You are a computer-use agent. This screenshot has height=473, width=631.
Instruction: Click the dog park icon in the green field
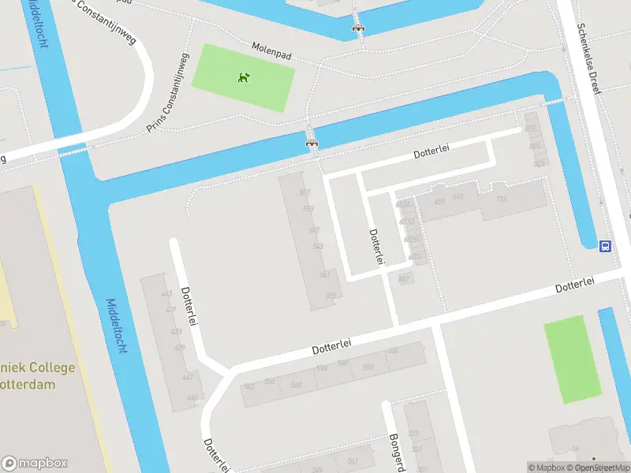(x=244, y=77)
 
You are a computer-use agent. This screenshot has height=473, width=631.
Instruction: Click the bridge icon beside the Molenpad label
(x=359, y=28)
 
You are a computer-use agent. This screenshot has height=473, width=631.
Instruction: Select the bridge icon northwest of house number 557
(x=312, y=143)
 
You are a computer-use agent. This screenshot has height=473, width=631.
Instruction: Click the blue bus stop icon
(x=605, y=246)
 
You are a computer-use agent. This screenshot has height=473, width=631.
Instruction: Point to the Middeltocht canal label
(x=115, y=326)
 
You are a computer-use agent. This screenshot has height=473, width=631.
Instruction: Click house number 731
(x=500, y=199)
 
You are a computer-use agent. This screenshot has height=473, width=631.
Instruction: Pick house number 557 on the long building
(x=304, y=193)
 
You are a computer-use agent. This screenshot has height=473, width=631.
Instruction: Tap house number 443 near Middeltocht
(x=166, y=294)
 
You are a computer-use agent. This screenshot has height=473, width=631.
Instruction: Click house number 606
(x=393, y=350)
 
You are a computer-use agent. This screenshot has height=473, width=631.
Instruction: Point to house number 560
(x=296, y=384)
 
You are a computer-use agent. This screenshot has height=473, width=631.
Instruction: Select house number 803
(x=539, y=163)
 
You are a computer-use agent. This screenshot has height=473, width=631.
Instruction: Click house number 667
(x=405, y=277)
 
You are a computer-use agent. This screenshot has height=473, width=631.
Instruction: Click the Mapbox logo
(x=34, y=464)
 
